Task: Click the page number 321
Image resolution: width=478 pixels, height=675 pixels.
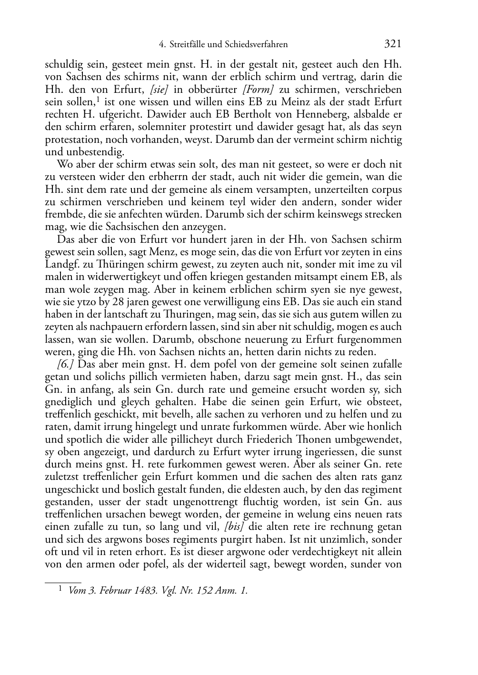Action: pyautogui.click(x=393, y=44)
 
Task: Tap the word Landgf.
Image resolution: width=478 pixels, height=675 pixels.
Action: pyautogui.click(x=60, y=264)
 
